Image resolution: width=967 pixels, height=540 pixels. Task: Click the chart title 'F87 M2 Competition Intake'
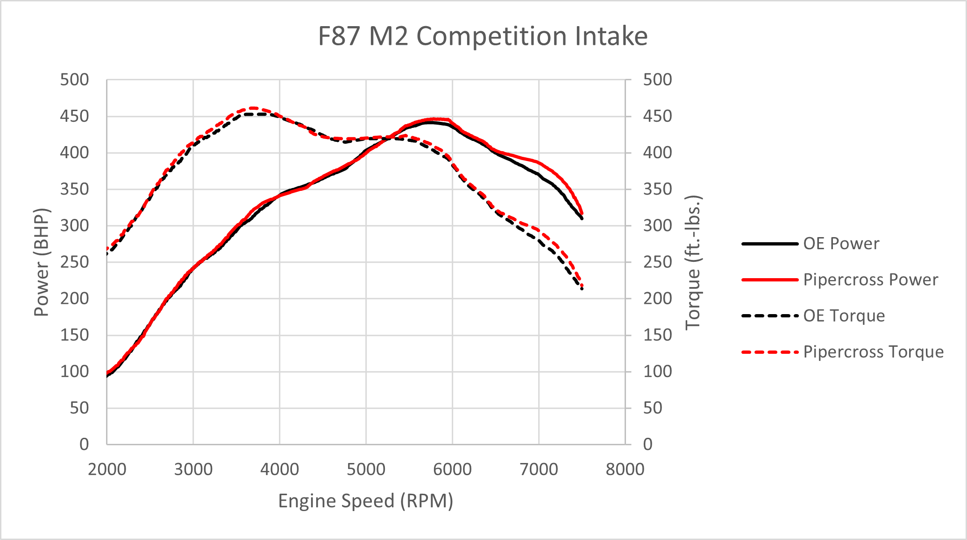pos(483,36)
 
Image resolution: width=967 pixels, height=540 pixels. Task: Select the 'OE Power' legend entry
pos(841,244)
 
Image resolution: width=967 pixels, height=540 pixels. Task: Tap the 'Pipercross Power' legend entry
pos(870,280)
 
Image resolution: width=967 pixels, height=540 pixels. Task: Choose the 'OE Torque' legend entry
pos(844,316)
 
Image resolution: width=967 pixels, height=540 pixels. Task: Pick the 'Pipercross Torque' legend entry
pos(873,352)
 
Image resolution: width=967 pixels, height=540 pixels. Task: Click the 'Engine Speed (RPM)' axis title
pos(366,501)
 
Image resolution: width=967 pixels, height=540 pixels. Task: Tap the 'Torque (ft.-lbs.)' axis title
pos(693,262)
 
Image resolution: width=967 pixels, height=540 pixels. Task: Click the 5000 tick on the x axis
pos(366,469)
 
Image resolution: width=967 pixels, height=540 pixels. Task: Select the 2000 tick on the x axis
pos(107,469)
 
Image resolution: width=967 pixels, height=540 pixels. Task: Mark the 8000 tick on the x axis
pos(625,469)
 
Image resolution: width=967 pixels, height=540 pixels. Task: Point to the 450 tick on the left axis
pos(74,116)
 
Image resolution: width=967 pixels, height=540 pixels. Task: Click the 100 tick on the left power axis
pos(74,372)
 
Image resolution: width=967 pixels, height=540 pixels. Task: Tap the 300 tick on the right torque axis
pos(658,225)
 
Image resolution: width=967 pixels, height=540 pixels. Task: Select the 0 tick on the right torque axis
pos(647,444)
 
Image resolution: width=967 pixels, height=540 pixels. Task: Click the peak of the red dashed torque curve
pos(252,108)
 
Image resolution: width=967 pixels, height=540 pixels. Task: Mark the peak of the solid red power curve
pos(434,119)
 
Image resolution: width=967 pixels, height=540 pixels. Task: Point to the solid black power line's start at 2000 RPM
pos(107,376)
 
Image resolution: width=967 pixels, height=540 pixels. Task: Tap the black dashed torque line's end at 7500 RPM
pos(582,289)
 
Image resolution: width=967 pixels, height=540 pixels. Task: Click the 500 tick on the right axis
pos(658,80)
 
